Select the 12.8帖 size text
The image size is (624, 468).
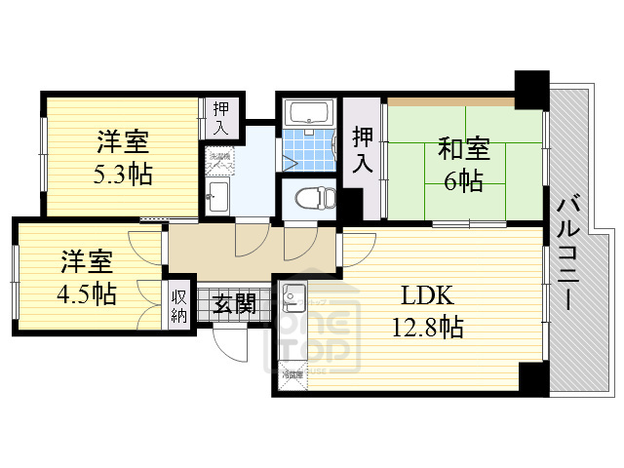[x=430, y=327]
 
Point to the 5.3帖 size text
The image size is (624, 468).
[x=123, y=175]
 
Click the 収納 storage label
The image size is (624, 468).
[x=180, y=305]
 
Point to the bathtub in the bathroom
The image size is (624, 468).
[x=308, y=112]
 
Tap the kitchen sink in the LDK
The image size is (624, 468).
[x=293, y=292]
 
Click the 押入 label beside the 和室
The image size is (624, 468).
[x=363, y=149]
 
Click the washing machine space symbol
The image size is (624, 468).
[x=219, y=160]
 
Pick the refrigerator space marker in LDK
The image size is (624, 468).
[x=292, y=373]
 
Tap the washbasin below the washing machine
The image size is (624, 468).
[x=218, y=200]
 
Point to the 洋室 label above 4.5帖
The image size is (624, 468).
[x=87, y=262]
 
